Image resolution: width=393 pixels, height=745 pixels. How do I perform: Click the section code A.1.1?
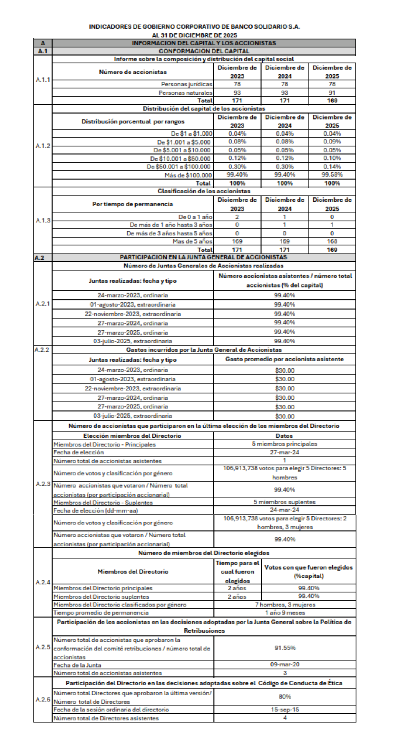pyautogui.click(x=43, y=80)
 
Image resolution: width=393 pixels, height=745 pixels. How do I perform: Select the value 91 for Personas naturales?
pyautogui.click(x=332, y=93)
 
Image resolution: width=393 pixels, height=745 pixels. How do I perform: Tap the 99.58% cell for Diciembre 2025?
pyautogui.click(x=332, y=175)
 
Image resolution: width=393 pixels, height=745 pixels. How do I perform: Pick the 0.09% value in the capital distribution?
pyautogui.click(x=332, y=142)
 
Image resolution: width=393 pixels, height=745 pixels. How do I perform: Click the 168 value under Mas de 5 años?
pyautogui.click(x=332, y=241)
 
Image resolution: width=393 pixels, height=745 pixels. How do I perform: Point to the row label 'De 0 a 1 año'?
pyautogui.click(x=195, y=217)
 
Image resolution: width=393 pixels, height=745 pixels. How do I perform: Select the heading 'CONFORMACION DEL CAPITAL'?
pyautogui.click(x=204, y=51)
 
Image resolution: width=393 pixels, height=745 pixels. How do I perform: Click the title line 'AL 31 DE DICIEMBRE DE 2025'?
pyautogui.click(x=194, y=35)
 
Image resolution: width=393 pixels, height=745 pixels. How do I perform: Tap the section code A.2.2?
pyautogui.click(x=42, y=350)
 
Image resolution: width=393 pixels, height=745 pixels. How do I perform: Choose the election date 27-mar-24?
pyautogui.click(x=285, y=453)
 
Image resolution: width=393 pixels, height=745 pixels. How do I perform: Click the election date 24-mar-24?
pyautogui.click(x=285, y=510)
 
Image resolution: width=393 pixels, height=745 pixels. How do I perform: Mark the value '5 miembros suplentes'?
pyautogui.click(x=285, y=502)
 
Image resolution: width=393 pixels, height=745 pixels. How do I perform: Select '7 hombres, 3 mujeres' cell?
pyautogui.click(x=285, y=605)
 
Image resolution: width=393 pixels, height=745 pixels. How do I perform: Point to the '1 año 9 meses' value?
pyautogui.click(x=285, y=613)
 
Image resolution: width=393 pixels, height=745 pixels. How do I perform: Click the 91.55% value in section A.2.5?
pyautogui.click(x=285, y=648)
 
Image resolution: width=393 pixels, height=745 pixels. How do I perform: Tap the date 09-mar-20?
pyautogui.click(x=285, y=665)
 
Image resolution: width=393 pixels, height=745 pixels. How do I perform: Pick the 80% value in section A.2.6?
pyautogui.click(x=285, y=697)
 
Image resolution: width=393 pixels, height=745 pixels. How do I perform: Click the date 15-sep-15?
pyautogui.click(x=285, y=710)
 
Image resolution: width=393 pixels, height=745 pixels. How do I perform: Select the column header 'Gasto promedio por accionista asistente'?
pyautogui.click(x=285, y=359)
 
